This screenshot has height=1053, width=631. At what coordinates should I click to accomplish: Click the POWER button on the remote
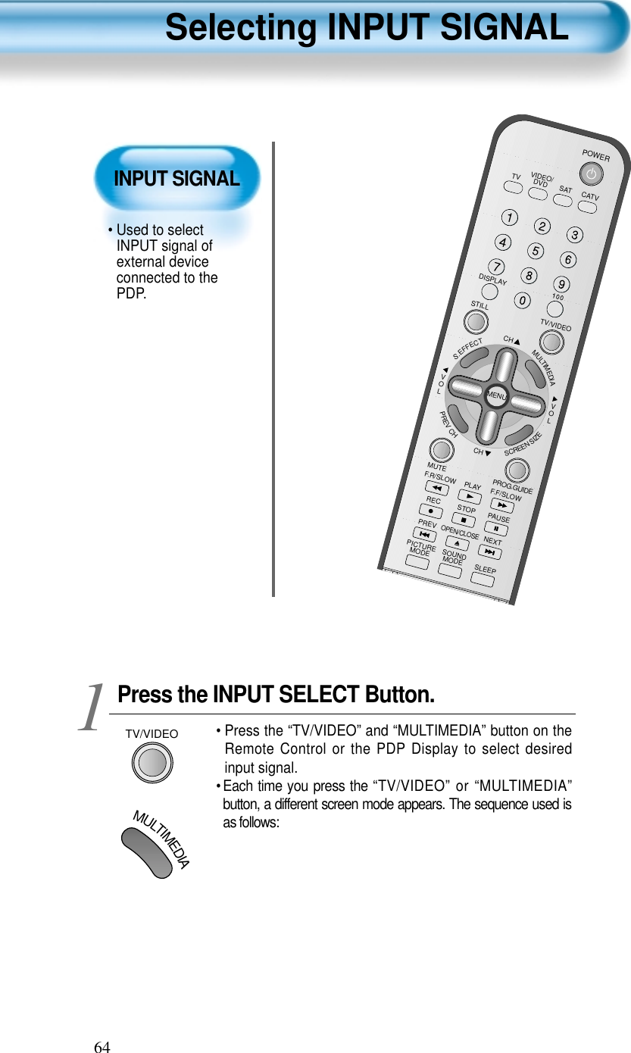(593, 175)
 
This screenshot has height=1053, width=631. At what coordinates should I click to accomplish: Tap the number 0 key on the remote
(522, 301)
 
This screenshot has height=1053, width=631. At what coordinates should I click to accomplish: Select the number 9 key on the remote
(561, 285)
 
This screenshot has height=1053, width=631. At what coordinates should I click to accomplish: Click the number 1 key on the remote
(513, 218)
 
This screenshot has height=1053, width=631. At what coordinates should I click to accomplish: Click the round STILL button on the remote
(475, 323)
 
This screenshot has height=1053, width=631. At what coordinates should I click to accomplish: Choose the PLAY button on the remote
(470, 498)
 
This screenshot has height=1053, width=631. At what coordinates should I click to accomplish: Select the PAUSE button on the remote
(495, 528)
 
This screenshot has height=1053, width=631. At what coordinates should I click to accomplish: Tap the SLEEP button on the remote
(482, 581)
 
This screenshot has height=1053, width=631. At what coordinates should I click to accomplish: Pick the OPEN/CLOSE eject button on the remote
(457, 543)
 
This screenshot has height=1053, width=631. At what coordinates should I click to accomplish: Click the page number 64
(102, 1046)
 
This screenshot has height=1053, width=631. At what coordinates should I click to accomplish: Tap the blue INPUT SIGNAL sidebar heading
(176, 179)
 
